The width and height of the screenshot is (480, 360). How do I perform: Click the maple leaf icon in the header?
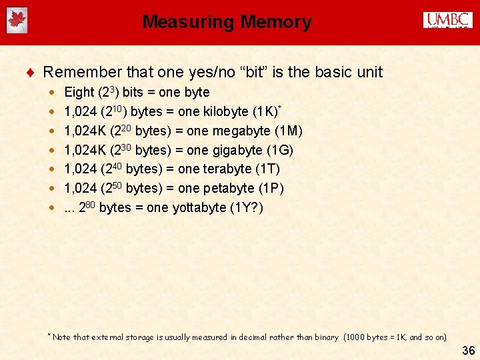[17, 21]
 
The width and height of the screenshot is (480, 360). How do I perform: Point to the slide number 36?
[467, 351]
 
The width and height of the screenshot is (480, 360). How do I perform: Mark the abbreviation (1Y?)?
[247, 208]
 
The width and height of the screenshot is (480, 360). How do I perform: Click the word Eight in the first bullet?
[79, 92]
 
